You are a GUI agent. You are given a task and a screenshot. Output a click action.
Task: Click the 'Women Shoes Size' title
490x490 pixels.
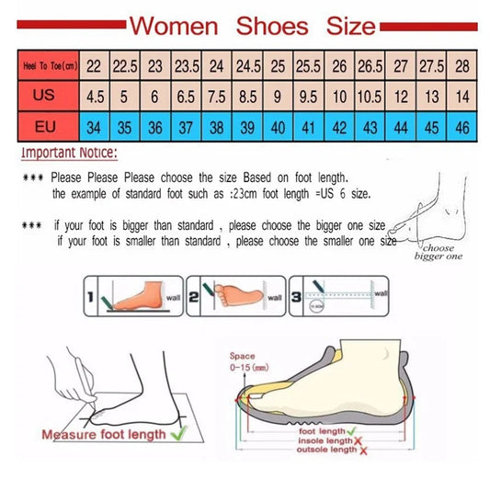coord(251,24)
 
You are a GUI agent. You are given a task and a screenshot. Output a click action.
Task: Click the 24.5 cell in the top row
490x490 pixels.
coord(247,66)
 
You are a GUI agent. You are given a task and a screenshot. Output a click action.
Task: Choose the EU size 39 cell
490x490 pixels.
coord(247,126)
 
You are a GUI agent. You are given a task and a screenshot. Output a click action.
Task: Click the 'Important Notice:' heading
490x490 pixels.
coord(69,154)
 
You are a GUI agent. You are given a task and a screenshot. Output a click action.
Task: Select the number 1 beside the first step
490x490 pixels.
coord(91,298)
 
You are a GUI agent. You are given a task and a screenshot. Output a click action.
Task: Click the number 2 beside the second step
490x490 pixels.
coord(195,298)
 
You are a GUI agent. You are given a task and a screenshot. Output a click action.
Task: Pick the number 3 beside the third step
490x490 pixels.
coord(294,298)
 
